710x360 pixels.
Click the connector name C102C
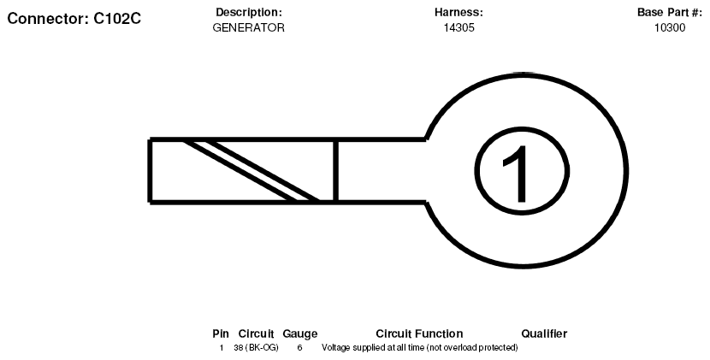(117, 19)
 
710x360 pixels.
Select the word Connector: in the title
(48, 19)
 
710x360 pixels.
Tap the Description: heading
(249, 12)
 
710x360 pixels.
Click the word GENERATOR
(249, 27)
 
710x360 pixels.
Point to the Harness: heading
(459, 12)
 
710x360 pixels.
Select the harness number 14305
(459, 27)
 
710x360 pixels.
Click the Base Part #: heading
(669, 12)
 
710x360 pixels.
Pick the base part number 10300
(670, 27)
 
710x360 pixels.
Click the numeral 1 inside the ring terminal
(518, 174)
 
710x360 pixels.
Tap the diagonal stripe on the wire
(251, 170)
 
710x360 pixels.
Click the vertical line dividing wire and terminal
(335, 170)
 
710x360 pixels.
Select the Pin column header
(221, 333)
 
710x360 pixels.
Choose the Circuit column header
(256, 333)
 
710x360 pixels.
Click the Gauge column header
(299, 334)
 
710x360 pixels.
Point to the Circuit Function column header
(419, 333)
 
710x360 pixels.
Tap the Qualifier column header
(544, 333)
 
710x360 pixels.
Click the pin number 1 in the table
(222, 348)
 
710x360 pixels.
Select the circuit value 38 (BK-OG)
(257, 348)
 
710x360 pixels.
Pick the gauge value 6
(299, 348)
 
